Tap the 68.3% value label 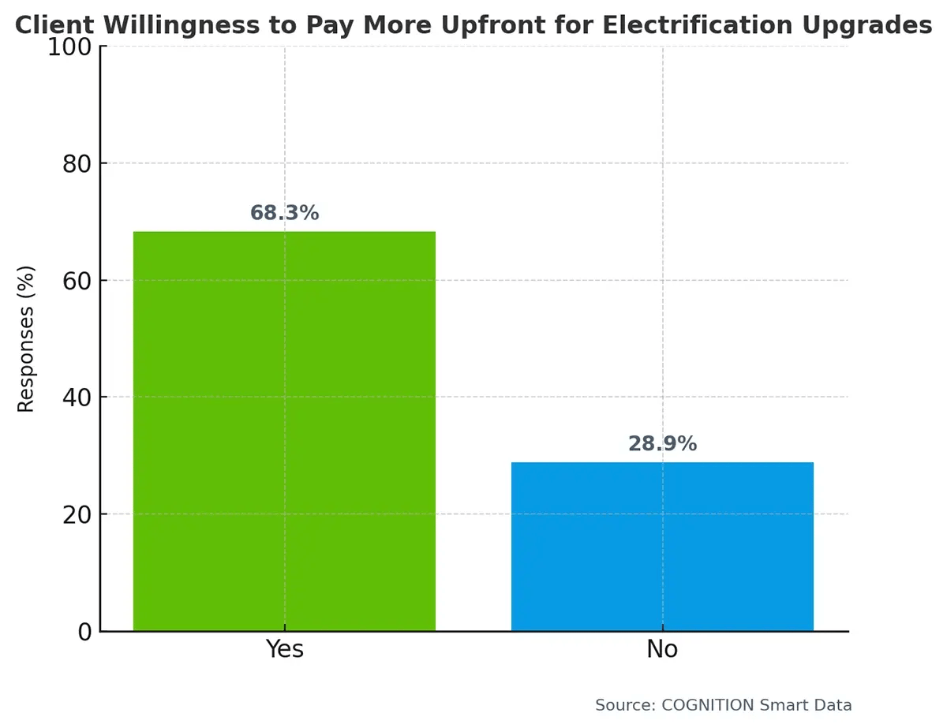284,213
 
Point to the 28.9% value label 662,444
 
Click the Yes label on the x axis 284,650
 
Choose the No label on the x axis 662,650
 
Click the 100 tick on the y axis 69,47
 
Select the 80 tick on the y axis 77,164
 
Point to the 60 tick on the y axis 77,281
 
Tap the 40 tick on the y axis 77,398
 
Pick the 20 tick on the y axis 77,514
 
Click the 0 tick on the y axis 84,631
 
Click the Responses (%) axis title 27,339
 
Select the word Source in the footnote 620,705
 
